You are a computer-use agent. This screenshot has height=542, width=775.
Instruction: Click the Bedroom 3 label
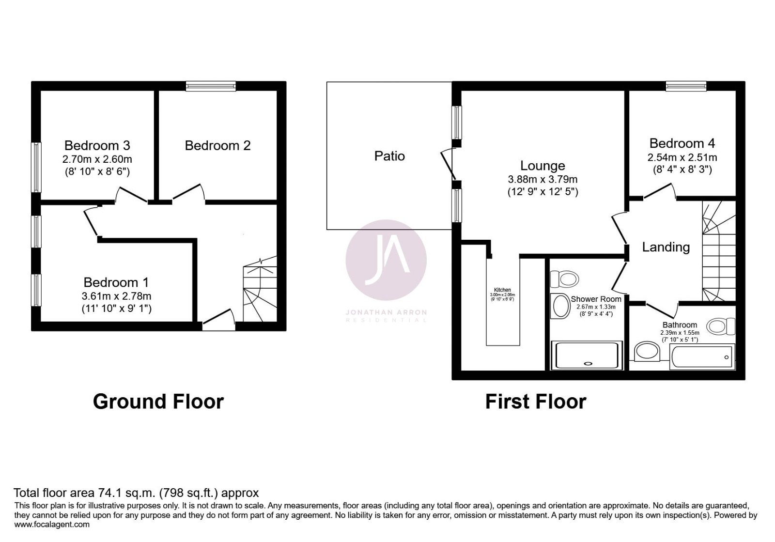97,145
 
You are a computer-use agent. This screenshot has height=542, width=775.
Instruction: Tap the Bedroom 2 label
217,145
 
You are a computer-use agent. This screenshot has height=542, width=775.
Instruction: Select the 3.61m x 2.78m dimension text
116,296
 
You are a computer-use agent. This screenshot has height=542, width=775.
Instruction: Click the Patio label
389,156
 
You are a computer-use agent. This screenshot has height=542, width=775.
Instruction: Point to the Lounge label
542,166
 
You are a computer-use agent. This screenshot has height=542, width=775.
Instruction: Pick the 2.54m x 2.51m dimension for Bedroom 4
682,157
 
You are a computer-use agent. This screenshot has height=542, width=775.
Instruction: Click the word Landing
666,247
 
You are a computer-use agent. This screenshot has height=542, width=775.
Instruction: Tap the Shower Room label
596,299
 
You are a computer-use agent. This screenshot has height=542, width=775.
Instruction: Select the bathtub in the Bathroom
703,357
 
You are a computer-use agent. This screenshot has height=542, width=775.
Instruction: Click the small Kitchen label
502,290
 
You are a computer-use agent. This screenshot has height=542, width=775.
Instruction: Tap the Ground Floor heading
158,402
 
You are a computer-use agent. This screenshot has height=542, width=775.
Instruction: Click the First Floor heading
535,402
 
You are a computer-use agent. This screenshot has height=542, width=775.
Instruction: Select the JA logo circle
386,260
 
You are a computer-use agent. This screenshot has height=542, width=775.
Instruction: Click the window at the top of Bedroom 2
211,86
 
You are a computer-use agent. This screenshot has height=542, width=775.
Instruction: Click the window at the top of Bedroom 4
686,86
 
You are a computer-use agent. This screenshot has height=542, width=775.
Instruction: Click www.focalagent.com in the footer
52,524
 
